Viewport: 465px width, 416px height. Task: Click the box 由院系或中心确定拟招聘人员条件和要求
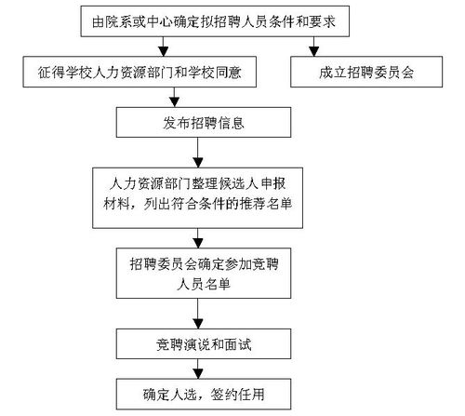[x=215, y=21]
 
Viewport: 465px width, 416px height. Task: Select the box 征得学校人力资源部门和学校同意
[x=139, y=72]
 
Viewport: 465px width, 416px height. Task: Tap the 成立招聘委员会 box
[x=366, y=72]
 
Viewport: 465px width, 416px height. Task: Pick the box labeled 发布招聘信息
[x=204, y=122]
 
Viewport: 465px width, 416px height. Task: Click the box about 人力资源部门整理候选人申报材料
[x=197, y=198]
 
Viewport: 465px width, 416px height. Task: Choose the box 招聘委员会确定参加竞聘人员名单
[x=204, y=273]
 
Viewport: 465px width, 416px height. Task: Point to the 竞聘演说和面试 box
[x=204, y=343]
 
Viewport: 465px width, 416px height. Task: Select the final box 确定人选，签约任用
[x=204, y=394]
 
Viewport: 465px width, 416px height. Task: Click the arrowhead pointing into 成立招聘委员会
[x=314, y=52]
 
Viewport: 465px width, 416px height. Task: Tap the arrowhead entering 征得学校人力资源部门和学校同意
[x=164, y=52]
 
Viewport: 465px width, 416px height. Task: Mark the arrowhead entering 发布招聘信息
[x=175, y=102]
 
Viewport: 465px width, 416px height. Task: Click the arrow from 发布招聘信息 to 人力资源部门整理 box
[x=198, y=153]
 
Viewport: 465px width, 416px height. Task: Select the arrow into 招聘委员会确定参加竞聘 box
[x=198, y=238]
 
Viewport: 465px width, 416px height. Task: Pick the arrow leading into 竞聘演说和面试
[x=198, y=314]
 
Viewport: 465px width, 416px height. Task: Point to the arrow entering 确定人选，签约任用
[x=198, y=369]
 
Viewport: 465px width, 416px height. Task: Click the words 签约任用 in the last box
[x=237, y=395]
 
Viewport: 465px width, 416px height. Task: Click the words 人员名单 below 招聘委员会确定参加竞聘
[x=204, y=284]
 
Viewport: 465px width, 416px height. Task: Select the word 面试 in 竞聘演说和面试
[x=238, y=344]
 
